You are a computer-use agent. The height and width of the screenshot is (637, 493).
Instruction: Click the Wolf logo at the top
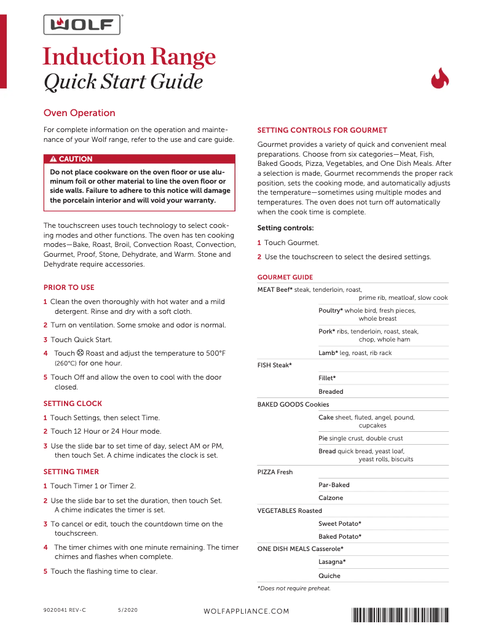[82, 25]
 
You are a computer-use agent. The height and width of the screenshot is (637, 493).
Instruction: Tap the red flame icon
[440, 79]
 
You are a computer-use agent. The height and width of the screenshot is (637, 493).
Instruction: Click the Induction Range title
[129, 57]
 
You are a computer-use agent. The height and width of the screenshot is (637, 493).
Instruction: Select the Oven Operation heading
[79, 113]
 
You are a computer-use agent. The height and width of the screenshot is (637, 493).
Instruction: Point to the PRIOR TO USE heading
[69, 287]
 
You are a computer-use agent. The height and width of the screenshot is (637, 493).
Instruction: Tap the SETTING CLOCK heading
[73, 404]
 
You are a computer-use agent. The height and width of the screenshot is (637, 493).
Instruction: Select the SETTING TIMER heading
[71, 472]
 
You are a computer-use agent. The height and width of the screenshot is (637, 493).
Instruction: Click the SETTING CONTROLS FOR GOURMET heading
[322, 130]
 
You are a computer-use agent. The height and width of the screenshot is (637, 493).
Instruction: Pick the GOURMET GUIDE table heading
[285, 277]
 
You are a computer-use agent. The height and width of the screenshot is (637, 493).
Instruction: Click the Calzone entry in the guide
[331, 498]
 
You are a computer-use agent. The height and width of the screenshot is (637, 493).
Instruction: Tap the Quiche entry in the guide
[329, 576]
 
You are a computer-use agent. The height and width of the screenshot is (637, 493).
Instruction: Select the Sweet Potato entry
[339, 523]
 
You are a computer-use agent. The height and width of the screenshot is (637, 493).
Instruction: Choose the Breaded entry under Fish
[331, 391]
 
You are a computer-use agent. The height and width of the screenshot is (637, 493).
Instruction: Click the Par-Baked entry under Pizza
[334, 485]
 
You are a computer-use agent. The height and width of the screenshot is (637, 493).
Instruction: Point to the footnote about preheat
[294, 588]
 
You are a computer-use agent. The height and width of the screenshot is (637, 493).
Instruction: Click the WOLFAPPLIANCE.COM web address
[246, 611]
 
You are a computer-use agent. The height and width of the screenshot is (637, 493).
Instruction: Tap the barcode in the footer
[400, 614]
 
